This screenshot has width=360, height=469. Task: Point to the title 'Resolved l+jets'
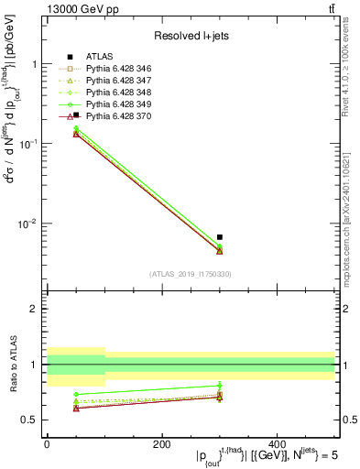coord(191,37)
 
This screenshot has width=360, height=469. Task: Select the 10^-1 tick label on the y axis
coord(28,144)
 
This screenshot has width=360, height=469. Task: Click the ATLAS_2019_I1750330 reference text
coord(191,274)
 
